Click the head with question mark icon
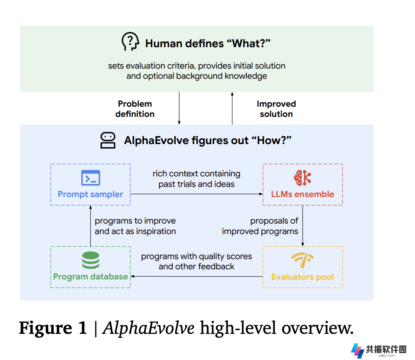coord(130,42)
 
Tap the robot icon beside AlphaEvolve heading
coord(108,140)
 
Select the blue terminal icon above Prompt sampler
coord(91,177)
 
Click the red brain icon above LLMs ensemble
coord(303,177)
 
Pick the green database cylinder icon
coord(91,260)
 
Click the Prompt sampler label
coord(91,194)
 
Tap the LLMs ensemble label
coord(303,194)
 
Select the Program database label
coord(91,277)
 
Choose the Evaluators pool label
coord(303,277)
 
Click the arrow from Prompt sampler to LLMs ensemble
coord(197,194)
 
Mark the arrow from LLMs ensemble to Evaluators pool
coord(303,226)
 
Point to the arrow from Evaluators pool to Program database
coord(197,277)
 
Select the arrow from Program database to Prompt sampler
coord(91,226)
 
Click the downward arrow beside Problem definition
coord(179,108)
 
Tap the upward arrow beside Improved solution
coord(232,108)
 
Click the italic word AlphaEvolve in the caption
coord(148,328)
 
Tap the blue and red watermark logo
coord(358,351)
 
